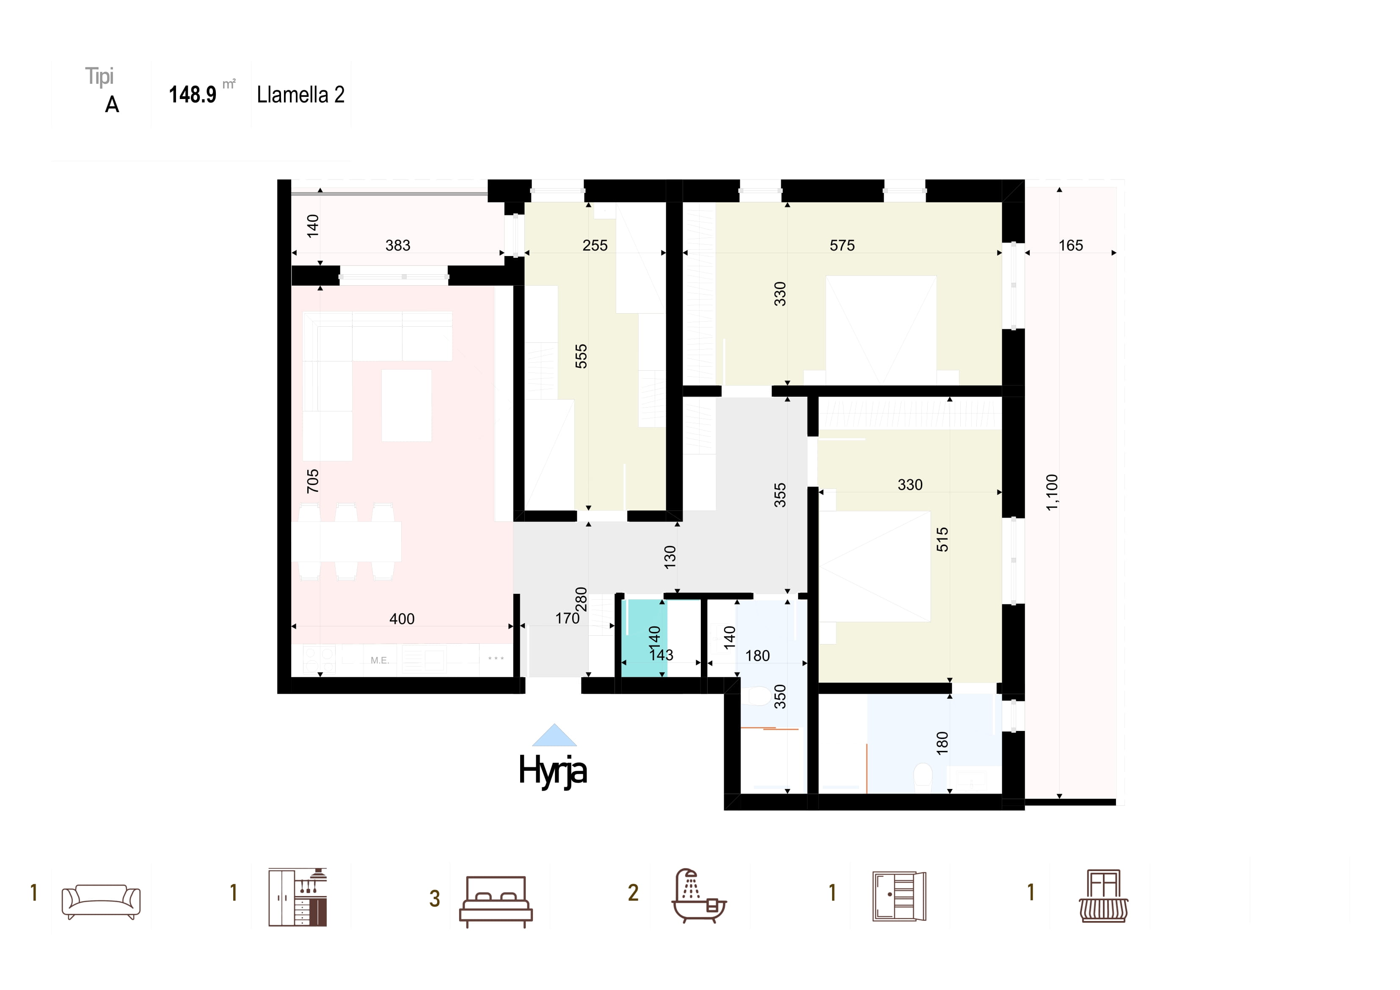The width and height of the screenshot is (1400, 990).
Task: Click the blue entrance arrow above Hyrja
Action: pos(554,736)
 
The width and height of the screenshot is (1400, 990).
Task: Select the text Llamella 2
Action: pos(300,94)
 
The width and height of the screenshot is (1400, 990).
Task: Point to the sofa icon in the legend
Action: pos(101,902)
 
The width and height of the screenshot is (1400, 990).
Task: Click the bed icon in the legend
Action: pos(496,902)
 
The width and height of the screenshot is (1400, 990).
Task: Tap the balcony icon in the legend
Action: pos(1104,896)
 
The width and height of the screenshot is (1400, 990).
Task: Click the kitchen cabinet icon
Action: pos(298,897)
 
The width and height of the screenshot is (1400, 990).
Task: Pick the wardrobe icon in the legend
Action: pos(899,896)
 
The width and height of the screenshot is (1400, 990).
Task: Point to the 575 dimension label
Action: pos(842,245)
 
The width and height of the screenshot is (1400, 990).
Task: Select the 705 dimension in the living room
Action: pos(313,481)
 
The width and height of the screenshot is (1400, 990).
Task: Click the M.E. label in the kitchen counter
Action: pos(379,660)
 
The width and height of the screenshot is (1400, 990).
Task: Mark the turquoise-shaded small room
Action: pos(644,638)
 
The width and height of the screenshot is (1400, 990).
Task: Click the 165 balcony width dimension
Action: pos(1071,245)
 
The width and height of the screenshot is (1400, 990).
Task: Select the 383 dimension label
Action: pos(397,245)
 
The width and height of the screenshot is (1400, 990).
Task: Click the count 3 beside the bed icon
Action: pos(435,899)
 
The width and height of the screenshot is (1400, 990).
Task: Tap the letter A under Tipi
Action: pos(112,105)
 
